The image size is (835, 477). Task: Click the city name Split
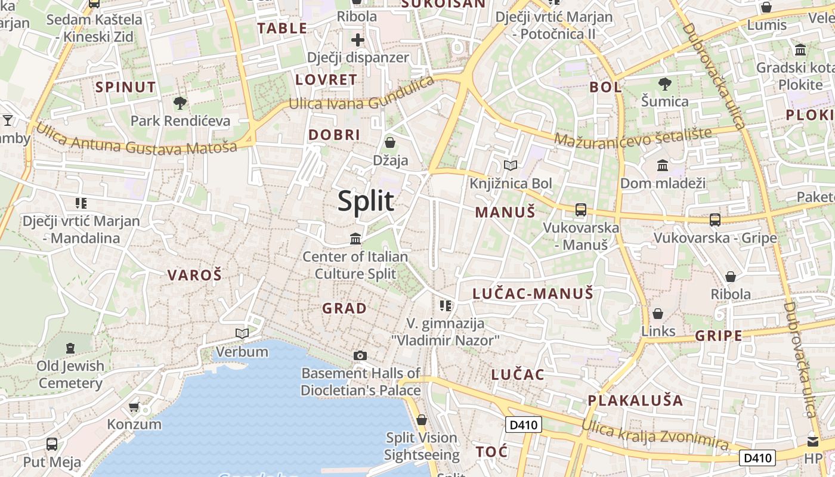pyautogui.click(x=366, y=201)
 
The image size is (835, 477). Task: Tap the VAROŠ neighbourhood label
pyautogui.click(x=194, y=275)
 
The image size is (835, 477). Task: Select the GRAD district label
pyautogui.click(x=344, y=308)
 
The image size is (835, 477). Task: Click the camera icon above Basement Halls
pyautogui.click(x=360, y=355)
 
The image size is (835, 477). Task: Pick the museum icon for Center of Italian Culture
pyautogui.click(x=356, y=238)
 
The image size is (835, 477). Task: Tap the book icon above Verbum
pyautogui.click(x=242, y=333)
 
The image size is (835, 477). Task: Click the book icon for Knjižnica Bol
pyautogui.click(x=511, y=165)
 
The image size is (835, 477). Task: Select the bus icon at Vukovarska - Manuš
pyautogui.click(x=580, y=209)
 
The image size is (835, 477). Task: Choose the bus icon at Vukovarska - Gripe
pyautogui.click(x=715, y=219)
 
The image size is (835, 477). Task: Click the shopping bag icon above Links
pyautogui.click(x=658, y=313)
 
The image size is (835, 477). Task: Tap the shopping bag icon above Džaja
pyautogui.click(x=390, y=142)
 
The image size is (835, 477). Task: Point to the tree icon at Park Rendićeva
pyautogui.click(x=180, y=103)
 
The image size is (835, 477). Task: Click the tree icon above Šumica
pyautogui.click(x=664, y=83)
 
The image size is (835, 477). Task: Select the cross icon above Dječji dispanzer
pyautogui.click(x=358, y=40)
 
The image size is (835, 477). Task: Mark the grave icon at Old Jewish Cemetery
pyautogui.click(x=70, y=347)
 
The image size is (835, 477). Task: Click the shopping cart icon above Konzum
pyautogui.click(x=134, y=407)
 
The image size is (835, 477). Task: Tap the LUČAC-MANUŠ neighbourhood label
pyautogui.click(x=533, y=293)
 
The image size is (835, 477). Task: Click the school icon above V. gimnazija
pyautogui.click(x=445, y=306)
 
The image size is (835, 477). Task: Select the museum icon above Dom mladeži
pyautogui.click(x=662, y=165)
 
